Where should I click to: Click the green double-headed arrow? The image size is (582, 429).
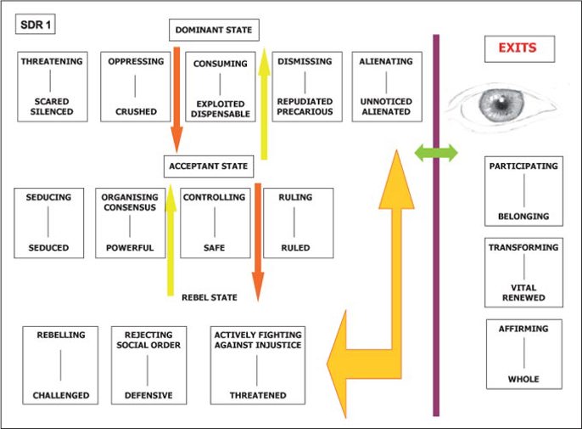click(x=436, y=153)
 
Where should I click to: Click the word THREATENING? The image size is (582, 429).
click(x=52, y=62)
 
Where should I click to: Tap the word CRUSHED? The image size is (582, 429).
click(x=135, y=111)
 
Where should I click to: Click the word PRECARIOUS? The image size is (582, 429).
click(x=306, y=111)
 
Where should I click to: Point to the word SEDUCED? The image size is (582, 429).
click(x=48, y=248)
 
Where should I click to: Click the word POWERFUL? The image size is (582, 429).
click(x=130, y=248)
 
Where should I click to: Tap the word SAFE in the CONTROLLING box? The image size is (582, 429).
click(x=214, y=248)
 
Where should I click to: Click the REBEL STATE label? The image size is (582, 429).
click(x=210, y=297)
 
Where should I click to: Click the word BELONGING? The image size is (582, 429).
click(x=523, y=217)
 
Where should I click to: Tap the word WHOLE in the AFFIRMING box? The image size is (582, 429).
click(x=523, y=379)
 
